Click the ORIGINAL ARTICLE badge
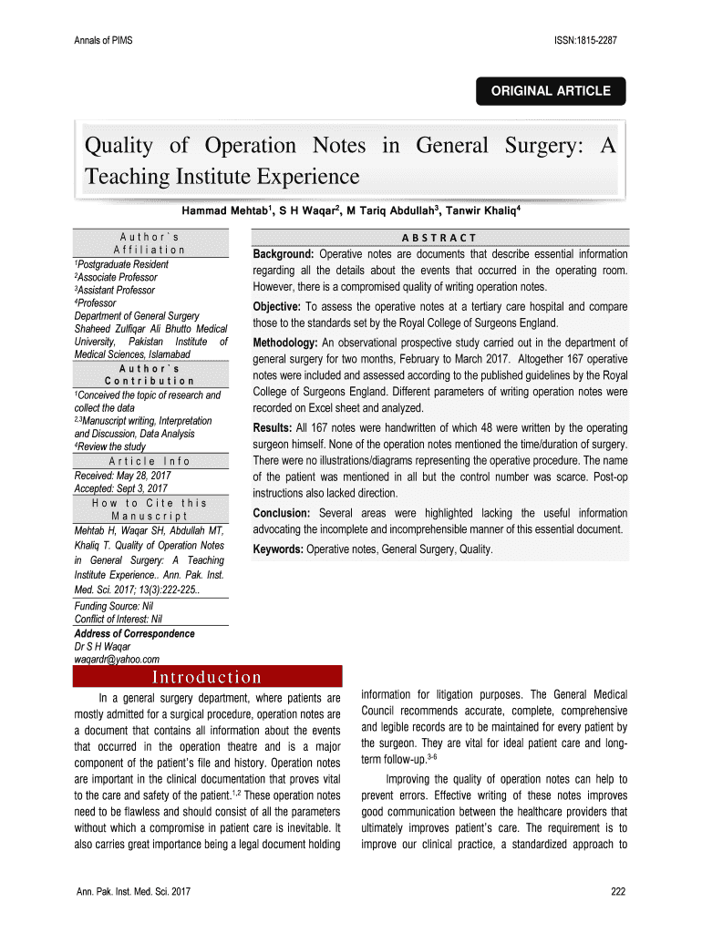click(552, 91)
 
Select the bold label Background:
click(284, 254)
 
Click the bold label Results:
click(273, 427)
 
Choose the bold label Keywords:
click(278, 549)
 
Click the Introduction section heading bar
click(207, 677)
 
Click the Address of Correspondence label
click(134, 633)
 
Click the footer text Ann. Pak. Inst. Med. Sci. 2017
click(133, 891)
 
